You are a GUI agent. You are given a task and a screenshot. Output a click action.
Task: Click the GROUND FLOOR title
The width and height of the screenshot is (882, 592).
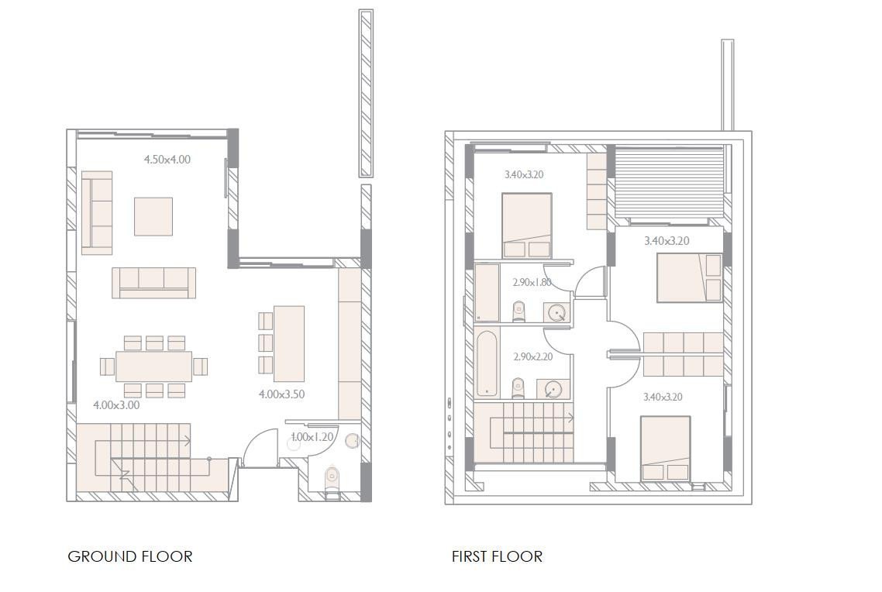pos(129,556)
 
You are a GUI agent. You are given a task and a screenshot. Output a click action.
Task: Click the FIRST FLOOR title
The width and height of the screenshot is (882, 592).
pos(497,556)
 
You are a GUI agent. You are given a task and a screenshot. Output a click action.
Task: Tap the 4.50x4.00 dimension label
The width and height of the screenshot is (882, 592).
pos(167,160)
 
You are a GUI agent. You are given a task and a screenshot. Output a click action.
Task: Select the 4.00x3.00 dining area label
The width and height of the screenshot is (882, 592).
pos(116,405)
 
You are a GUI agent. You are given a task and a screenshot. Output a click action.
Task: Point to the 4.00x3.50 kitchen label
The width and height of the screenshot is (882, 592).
pos(281,394)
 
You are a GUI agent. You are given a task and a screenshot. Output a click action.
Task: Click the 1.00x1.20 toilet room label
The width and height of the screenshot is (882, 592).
pos(312,437)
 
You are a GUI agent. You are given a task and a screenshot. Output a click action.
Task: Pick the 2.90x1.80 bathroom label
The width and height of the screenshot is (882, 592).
pos(532,283)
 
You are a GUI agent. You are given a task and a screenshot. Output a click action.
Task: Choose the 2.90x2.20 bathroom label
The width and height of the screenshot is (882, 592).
pos(532,357)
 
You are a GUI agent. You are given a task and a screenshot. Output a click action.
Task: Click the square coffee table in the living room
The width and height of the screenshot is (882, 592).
pos(153,216)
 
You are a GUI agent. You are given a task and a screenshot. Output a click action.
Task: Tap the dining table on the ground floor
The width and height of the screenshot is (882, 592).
pos(153,367)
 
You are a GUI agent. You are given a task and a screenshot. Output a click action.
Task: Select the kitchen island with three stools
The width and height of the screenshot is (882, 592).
pos(289,343)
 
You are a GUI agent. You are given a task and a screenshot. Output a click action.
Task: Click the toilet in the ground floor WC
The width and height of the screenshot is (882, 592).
pos(332,475)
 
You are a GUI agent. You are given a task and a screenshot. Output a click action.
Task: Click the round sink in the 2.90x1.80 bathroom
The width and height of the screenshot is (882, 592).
pos(557,312)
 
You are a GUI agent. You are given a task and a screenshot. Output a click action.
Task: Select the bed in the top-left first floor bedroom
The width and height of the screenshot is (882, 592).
pos(527,225)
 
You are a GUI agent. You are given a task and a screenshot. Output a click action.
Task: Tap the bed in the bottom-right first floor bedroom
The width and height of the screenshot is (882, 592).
pos(665,449)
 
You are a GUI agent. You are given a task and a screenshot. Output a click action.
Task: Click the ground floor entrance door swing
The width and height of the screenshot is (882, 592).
pos(260,448)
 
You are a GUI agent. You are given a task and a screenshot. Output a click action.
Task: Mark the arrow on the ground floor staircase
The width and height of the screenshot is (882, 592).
pos(187,442)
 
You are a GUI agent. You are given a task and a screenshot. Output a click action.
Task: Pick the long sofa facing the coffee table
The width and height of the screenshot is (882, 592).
pos(153,283)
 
